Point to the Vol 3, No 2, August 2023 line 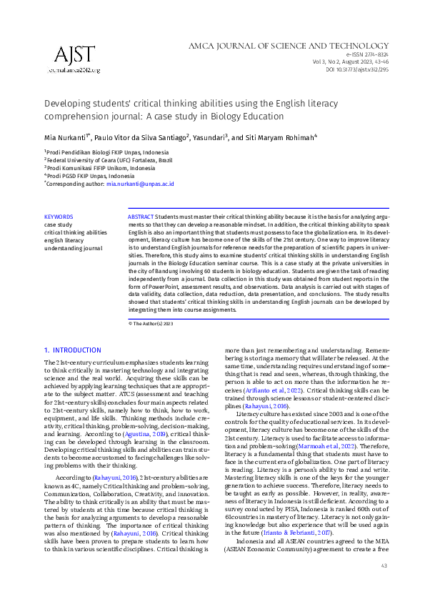(353, 62)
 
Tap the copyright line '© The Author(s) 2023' (151, 323)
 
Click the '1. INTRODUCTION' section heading (73, 350)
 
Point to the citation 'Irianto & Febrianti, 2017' (328, 513)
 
